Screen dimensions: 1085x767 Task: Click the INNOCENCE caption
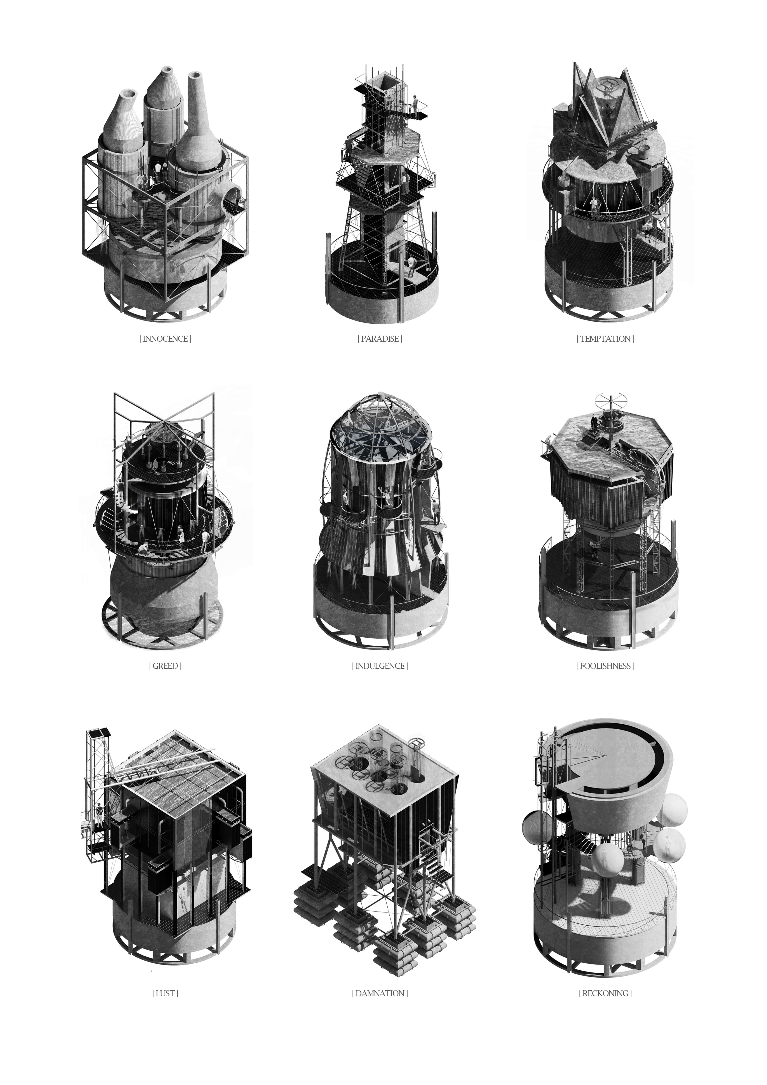(x=165, y=339)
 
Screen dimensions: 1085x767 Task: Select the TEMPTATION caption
(x=605, y=339)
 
